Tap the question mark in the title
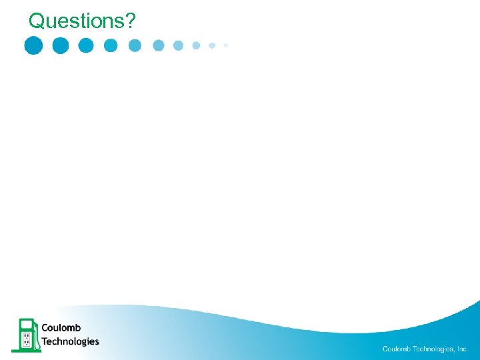point(130,21)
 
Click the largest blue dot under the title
point(33,45)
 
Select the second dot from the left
point(60,45)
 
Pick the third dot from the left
point(86,45)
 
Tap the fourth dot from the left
point(111,45)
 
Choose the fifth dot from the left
point(135,45)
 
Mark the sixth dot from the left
point(159,45)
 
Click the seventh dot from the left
point(178,45)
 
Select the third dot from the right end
point(196,45)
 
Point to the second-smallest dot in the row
point(212,45)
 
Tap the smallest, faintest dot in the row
point(226,45)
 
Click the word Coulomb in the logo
point(61,328)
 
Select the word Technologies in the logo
point(70,341)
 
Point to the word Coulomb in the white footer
point(397,349)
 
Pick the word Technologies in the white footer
point(433,349)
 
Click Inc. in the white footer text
point(463,349)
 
